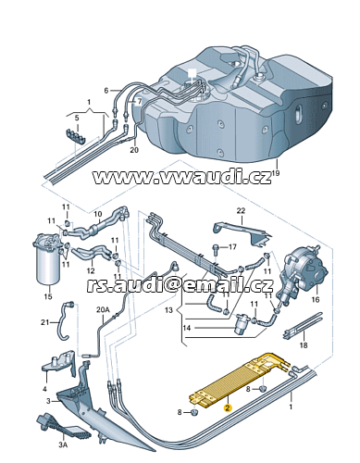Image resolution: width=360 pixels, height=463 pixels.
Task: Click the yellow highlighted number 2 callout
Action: click(228, 408)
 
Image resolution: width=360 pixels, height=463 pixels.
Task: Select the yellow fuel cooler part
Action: click(239, 382)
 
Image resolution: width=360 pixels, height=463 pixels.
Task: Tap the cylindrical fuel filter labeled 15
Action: click(48, 259)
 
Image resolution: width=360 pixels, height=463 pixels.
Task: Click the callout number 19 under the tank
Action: click(276, 173)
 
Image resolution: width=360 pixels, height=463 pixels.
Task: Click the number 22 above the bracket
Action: click(241, 211)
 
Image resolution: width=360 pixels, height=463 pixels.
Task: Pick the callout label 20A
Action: click(103, 309)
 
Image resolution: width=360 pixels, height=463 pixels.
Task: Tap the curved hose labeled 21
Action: click(61, 321)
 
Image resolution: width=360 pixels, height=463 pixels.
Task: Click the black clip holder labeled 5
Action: click(76, 136)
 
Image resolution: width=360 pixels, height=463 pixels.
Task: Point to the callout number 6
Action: click(106, 91)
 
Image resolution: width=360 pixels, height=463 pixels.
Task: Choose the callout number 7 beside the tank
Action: click(139, 101)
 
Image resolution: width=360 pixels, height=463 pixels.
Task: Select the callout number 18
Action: click(304, 344)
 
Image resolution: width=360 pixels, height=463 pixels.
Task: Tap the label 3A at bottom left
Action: click(63, 444)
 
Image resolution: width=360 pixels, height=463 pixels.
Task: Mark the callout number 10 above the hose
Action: click(98, 214)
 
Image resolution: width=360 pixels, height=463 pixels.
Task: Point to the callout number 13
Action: click(168, 309)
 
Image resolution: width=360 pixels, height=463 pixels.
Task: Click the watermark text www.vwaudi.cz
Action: click(182, 177)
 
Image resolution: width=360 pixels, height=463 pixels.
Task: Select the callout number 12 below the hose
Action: click(91, 270)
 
